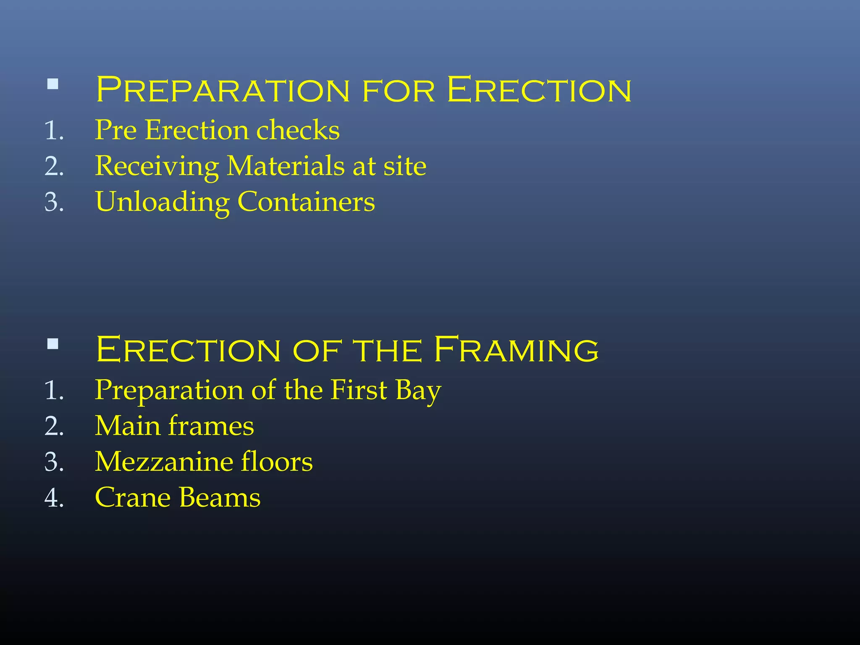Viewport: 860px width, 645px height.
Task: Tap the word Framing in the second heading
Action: click(516, 349)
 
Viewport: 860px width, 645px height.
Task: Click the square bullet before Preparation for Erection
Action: click(53, 84)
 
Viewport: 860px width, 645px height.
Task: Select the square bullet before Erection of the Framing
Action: click(53, 344)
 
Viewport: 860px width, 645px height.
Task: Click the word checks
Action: click(298, 130)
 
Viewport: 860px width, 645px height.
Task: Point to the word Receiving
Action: click(157, 166)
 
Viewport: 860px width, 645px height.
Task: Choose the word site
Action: click(405, 166)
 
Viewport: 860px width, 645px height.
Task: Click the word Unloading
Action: click(163, 202)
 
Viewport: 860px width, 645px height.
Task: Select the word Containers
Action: click(306, 202)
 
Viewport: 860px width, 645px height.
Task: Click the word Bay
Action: click(418, 391)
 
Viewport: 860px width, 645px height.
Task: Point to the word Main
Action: click(128, 426)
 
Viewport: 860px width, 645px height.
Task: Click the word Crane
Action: click(133, 498)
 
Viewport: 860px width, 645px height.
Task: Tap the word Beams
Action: click(220, 498)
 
